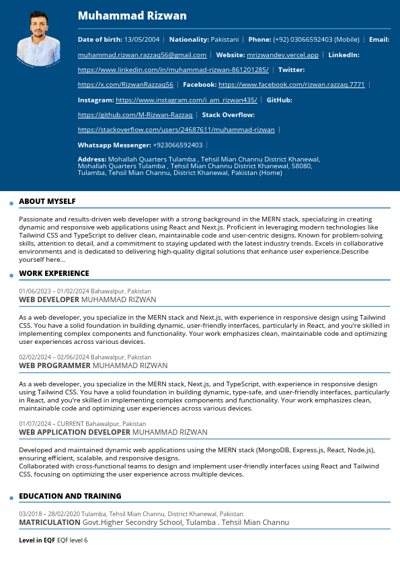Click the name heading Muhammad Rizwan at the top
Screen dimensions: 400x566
pyautogui.click(x=132, y=16)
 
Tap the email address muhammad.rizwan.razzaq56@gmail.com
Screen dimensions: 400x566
pyautogui.click(x=142, y=55)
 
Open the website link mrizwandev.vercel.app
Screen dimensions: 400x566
pyautogui.click(x=282, y=55)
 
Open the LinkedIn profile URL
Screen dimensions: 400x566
pyautogui.click(x=173, y=70)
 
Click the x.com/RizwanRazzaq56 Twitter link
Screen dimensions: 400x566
pyautogui.click(x=126, y=85)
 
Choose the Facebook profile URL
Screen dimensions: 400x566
pyautogui.click(x=292, y=85)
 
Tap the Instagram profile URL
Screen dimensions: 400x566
pyautogui.click(x=186, y=100)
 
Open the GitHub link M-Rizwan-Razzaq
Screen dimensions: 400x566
pyautogui.click(x=135, y=115)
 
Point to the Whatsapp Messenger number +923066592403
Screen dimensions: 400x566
pyautogui.click(x=177, y=145)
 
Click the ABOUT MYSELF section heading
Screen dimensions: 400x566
pyautogui.click(x=47, y=201)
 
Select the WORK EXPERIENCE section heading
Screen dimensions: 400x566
pyautogui.click(x=54, y=273)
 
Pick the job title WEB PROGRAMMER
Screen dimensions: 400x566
pyautogui.click(x=54, y=365)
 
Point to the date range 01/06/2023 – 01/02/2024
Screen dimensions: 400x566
pyautogui.click(x=54, y=291)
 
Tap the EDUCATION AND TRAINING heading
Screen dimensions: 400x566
pyautogui.click(x=70, y=496)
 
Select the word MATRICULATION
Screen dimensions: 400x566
pyautogui.click(x=49, y=522)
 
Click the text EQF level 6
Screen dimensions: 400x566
pyautogui.click(x=72, y=540)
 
